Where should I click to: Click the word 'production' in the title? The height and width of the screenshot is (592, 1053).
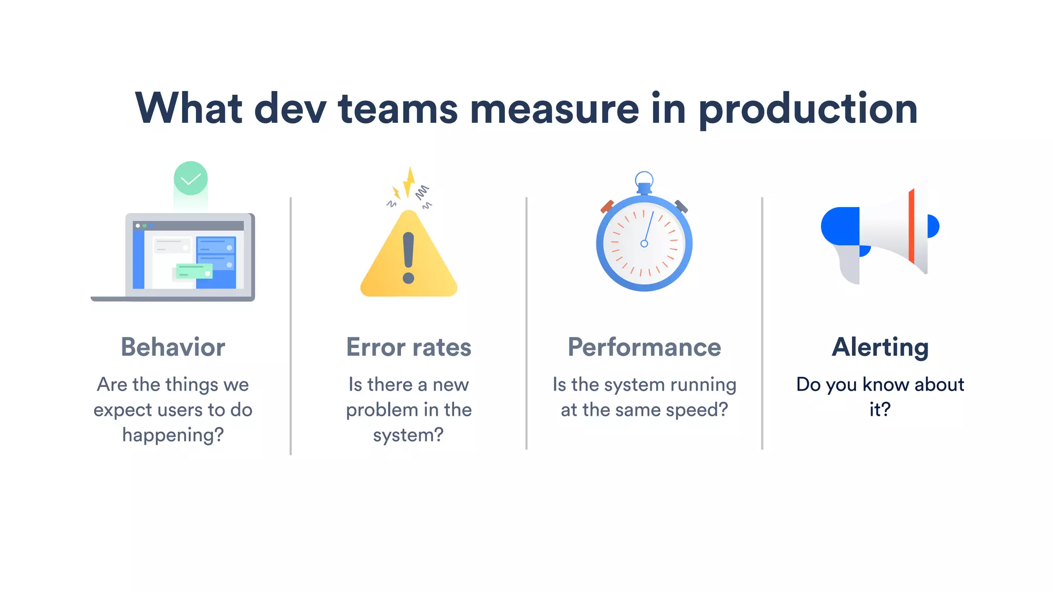pyautogui.click(x=808, y=109)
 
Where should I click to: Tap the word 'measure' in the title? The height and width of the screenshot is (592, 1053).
pyautogui.click(x=554, y=109)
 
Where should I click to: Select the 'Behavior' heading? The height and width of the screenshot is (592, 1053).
pyautogui.click(x=173, y=347)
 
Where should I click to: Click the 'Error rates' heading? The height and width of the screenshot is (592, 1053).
pyautogui.click(x=409, y=347)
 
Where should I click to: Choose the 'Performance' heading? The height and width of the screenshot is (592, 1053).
pyautogui.click(x=644, y=347)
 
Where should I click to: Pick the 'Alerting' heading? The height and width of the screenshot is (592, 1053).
pyautogui.click(x=880, y=347)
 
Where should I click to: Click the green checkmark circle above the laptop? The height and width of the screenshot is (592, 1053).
pyautogui.click(x=191, y=178)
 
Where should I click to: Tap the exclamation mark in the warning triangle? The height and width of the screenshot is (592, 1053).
pyautogui.click(x=409, y=257)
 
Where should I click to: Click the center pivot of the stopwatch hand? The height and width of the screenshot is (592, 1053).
pyautogui.click(x=644, y=244)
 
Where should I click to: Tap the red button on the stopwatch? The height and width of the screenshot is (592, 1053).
pyautogui.click(x=607, y=207)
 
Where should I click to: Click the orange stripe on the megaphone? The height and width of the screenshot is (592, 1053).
pyautogui.click(x=912, y=226)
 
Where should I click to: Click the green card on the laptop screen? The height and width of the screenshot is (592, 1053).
pyautogui.click(x=194, y=270)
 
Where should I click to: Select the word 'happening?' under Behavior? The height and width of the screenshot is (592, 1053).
pyautogui.click(x=173, y=435)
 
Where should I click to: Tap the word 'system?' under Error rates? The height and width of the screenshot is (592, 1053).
pyautogui.click(x=408, y=435)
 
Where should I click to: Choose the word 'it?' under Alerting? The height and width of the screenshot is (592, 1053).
pyautogui.click(x=880, y=410)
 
